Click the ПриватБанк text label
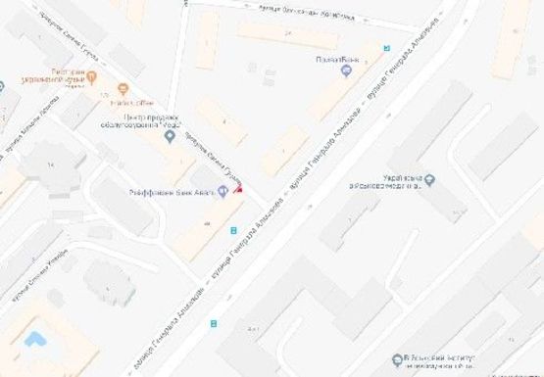(x=327, y=57)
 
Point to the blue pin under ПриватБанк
(x=345, y=70)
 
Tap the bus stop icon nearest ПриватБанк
(x=386, y=47)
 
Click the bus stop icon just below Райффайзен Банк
(x=232, y=231)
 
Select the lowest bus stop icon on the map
(x=213, y=322)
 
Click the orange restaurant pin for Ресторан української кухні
(x=92, y=76)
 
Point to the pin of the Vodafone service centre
(x=170, y=136)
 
